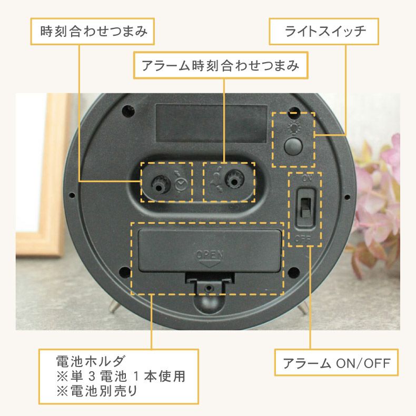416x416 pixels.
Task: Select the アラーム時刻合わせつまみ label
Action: pyautogui.click(x=220, y=66)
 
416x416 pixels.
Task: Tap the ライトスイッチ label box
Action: pyautogui.click(x=324, y=32)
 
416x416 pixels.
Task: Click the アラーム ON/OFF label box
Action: pyautogui.click(x=336, y=363)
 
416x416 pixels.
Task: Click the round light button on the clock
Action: pyautogui.click(x=293, y=145)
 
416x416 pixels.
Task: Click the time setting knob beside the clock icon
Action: pyautogui.click(x=158, y=182)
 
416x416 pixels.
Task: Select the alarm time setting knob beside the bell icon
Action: pyautogui.click(x=232, y=181)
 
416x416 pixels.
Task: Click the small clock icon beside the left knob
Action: pyautogui.click(x=180, y=183)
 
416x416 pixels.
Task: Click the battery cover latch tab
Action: pyautogui.click(x=210, y=287)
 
